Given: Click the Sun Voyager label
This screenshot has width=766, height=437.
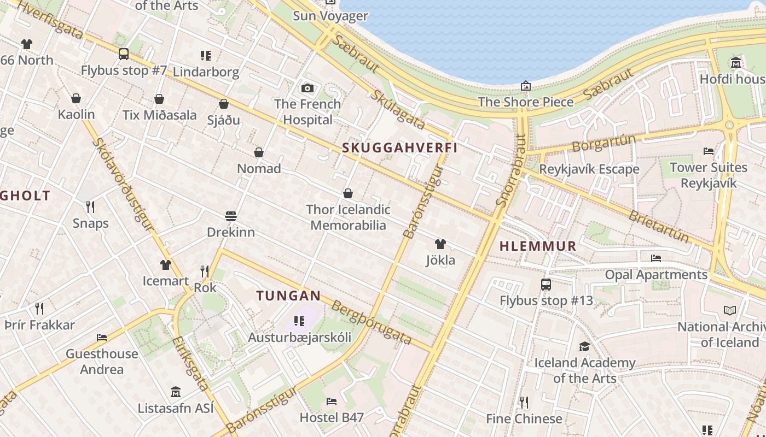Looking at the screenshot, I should [330, 16].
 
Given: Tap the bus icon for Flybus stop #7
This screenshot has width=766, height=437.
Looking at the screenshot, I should [124, 54].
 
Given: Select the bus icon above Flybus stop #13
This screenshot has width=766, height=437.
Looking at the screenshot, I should [546, 285].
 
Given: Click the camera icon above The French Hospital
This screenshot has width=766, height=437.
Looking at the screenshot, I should [307, 88].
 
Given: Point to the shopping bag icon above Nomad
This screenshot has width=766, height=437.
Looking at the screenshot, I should [259, 152].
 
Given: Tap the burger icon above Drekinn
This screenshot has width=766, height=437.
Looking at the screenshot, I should [230, 216].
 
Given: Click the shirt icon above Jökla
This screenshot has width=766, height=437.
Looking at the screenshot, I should [440, 244].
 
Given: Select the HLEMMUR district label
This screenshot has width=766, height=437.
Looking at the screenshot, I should [538, 246].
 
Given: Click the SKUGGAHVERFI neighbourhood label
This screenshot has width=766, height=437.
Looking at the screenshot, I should [399, 148].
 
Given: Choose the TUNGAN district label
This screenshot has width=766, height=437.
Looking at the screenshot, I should [288, 296].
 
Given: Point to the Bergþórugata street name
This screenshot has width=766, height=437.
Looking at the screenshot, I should [372, 323].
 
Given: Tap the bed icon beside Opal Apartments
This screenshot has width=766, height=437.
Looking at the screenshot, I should [656, 258].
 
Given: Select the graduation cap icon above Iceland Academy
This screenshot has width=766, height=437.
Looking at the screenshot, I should [584, 346].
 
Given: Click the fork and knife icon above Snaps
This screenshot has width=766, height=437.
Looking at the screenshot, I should [90, 207].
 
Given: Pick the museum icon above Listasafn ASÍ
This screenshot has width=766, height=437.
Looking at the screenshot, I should [176, 392].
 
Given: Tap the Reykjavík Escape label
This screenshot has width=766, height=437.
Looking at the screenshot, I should [589, 169].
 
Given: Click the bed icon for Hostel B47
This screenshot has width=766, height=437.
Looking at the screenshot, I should [332, 401].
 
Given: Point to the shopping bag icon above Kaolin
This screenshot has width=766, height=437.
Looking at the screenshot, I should [76, 98].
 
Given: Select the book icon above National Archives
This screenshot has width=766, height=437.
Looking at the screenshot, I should [730, 311].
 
